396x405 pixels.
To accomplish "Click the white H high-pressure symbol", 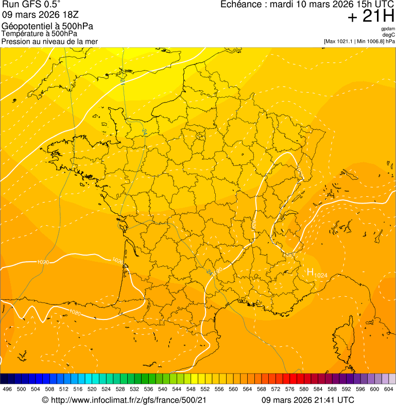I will [310, 272].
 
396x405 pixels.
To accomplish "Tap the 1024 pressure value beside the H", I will [320, 275].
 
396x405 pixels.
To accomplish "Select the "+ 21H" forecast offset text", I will [371, 16].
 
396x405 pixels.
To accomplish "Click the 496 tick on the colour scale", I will [7, 390].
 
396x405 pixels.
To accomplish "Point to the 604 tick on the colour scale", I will [389, 390].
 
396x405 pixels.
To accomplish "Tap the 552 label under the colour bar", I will [205, 390].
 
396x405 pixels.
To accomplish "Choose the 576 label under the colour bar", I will [290, 390].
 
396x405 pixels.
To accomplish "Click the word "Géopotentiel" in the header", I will [25, 26].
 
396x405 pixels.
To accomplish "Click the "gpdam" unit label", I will [388, 29].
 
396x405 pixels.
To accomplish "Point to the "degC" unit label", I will [389, 35].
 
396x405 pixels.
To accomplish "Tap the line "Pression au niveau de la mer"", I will [49, 41].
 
